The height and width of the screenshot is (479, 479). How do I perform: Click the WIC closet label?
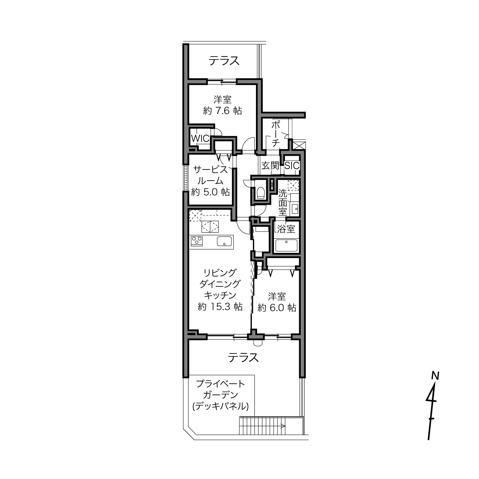point(200,139)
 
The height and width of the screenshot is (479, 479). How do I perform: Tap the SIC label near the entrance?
point(292,166)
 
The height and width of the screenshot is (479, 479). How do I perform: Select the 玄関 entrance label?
point(270,166)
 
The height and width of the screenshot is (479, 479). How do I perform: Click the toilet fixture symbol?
point(261,192)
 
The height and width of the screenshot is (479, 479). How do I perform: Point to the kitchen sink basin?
point(224,241)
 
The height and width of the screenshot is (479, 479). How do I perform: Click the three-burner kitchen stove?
point(197,241)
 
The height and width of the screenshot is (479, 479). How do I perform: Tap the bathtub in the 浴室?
point(286,245)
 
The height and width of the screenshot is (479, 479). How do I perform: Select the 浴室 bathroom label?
point(286,229)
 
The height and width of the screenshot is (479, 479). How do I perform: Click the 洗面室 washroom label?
point(283,202)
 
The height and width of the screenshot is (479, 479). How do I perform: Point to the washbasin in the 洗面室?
point(295,209)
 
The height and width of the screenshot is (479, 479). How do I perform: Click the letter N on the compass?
point(435,376)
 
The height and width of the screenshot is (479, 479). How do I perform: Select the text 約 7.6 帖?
point(222,111)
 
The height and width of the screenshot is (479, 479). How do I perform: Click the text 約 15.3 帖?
point(220,307)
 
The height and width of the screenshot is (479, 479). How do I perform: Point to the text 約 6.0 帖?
point(277,308)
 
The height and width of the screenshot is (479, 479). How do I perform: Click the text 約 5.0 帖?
point(210,192)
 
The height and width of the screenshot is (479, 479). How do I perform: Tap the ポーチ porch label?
point(276,134)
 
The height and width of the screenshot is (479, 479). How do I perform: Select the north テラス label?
point(224,61)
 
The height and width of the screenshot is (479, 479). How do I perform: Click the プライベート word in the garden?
point(221,384)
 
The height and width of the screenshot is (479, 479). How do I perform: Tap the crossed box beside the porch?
point(298,145)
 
